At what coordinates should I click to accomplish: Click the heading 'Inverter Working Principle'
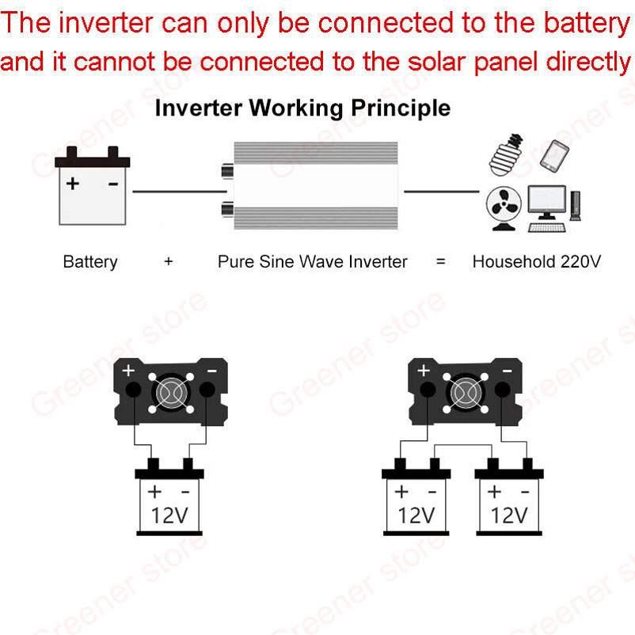pyautogui.click(x=302, y=108)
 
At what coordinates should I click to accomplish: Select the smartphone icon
pyautogui.click(x=555, y=156)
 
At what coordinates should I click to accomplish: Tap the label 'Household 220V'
pyautogui.click(x=536, y=261)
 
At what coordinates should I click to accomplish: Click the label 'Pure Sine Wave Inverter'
pyautogui.click(x=313, y=261)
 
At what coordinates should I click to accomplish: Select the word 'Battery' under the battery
pyautogui.click(x=90, y=261)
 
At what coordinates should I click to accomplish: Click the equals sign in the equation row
pyautogui.click(x=441, y=261)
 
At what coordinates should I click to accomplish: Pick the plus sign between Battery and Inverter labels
pyautogui.click(x=169, y=261)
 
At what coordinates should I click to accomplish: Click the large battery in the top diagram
pyautogui.click(x=93, y=187)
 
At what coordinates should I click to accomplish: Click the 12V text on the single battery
pyautogui.click(x=169, y=516)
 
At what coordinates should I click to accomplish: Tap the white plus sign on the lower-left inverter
pyautogui.click(x=129, y=371)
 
